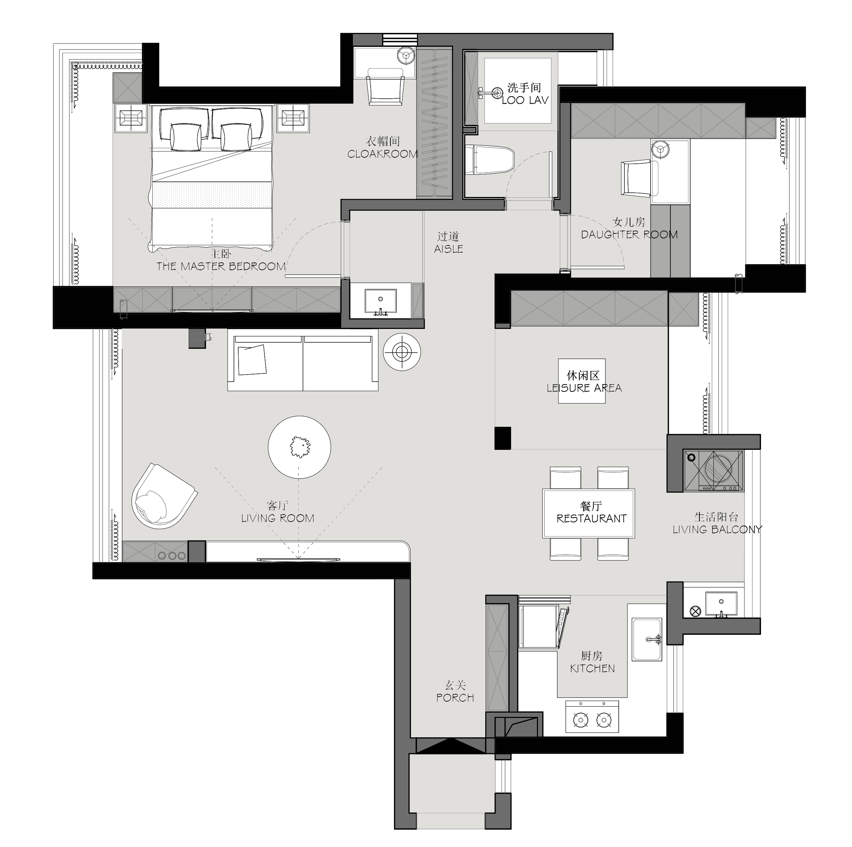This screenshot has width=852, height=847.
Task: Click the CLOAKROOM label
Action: coord(382,154)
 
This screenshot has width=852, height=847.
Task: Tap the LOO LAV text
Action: coord(525,100)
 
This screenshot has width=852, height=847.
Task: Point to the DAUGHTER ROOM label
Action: coord(629,234)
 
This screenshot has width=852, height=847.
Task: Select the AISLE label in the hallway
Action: coord(448,249)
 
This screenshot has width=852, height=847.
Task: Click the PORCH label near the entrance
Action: coord(455,698)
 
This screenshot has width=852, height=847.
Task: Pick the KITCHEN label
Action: coord(592,668)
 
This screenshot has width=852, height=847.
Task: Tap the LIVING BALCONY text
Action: coord(717,529)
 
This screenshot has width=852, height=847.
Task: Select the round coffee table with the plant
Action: coord(299,447)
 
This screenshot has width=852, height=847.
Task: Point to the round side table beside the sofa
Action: coord(402,352)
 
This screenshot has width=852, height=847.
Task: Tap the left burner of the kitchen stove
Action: coord(581,720)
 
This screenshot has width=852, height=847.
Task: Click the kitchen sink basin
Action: coord(647,639)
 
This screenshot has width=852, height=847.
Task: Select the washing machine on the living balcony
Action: coord(714,470)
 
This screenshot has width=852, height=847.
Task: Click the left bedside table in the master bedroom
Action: coord(131,118)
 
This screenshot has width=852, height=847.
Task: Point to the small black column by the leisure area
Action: coord(503,438)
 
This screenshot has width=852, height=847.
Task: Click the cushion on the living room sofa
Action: coord(252,360)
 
